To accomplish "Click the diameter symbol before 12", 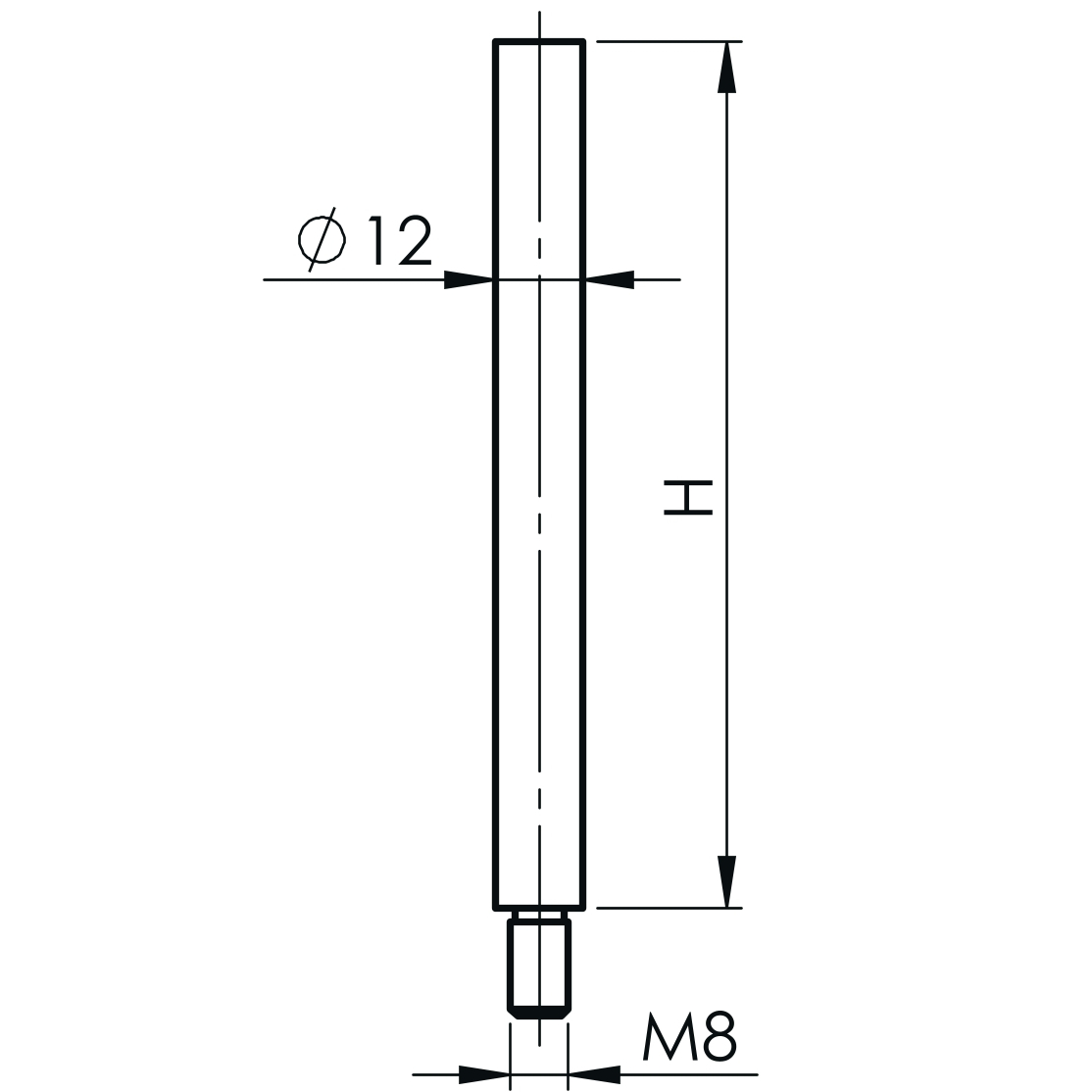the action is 322,239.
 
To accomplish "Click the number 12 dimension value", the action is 401,240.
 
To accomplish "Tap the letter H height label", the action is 688,497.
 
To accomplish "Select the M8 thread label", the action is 689,1035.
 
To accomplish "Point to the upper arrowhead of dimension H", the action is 726,67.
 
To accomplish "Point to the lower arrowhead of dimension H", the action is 726,881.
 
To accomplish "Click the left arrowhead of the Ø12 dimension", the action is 469,280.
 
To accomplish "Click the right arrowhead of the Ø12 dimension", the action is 610,280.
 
